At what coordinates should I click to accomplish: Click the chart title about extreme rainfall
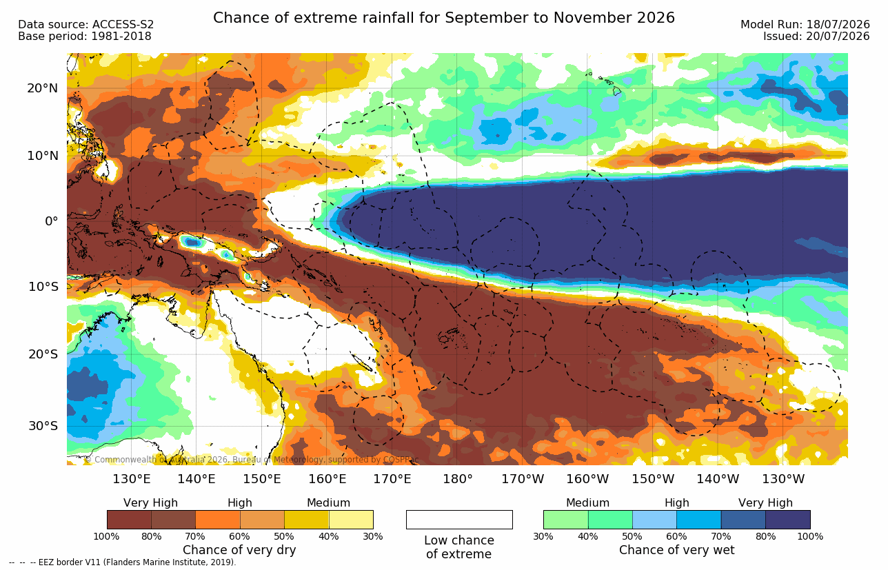pyautogui.click(x=443, y=18)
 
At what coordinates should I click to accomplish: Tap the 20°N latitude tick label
pyautogui.click(x=43, y=88)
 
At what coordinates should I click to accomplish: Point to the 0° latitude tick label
pyautogui.click(x=52, y=221)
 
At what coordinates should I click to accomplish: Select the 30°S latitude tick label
pyautogui.click(x=43, y=426)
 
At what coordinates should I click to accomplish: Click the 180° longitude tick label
pyautogui.click(x=458, y=479)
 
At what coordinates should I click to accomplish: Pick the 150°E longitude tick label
pyautogui.click(x=262, y=479)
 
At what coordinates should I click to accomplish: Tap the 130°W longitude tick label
pyautogui.click(x=783, y=479)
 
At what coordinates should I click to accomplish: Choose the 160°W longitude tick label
pyautogui.click(x=587, y=479)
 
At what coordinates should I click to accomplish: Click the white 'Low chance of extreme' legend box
pyautogui.click(x=459, y=519)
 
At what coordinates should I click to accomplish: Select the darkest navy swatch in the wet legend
pyautogui.click(x=788, y=519)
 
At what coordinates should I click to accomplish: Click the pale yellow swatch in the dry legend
pyautogui.click(x=351, y=519)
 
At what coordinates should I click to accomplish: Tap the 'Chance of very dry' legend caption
pyautogui.click(x=239, y=550)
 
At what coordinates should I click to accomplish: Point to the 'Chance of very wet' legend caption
pyautogui.click(x=677, y=550)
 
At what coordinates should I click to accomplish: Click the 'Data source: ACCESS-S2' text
pyautogui.click(x=85, y=25)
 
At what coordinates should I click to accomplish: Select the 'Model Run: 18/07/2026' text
pyautogui.click(x=805, y=25)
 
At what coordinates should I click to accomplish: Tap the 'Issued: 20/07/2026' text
pyautogui.click(x=816, y=37)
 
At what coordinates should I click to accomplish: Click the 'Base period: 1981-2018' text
pyautogui.click(x=84, y=37)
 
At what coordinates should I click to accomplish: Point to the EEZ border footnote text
pyautogui.click(x=123, y=562)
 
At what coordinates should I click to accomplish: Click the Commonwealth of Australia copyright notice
pyautogui.click(x=252, y=460)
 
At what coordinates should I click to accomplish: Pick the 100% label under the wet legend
pyautogui.click(x=810, y=536)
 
